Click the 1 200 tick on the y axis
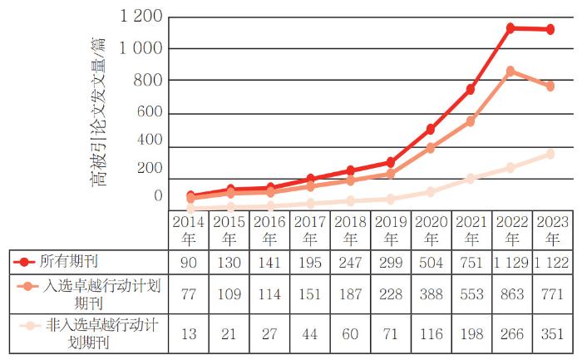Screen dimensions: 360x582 tap(141, 16)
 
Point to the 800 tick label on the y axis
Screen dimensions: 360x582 tap(149, 81)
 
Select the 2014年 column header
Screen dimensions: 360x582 tap(189, 230)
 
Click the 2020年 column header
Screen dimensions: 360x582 tap(431, 230)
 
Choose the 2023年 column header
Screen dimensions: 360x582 tap(551, 230)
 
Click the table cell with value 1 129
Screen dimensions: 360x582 tap(511, 262)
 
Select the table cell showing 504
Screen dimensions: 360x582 tap(431, 262)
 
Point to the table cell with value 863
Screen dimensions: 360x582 tap(511, 293)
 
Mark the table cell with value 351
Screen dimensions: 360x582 tap(551, 334)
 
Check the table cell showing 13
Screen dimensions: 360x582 tap(189, 334)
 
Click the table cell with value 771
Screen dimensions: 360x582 tap(551, 293)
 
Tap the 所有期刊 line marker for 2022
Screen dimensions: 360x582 tap(510, 27)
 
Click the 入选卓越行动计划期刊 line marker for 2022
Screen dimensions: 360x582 tap(510, 71)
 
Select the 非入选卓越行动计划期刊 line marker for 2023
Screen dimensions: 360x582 tap(550, 154)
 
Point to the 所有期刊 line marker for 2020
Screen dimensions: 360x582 tap(431, 129)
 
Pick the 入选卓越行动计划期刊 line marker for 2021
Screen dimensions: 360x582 tap(471, 121)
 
